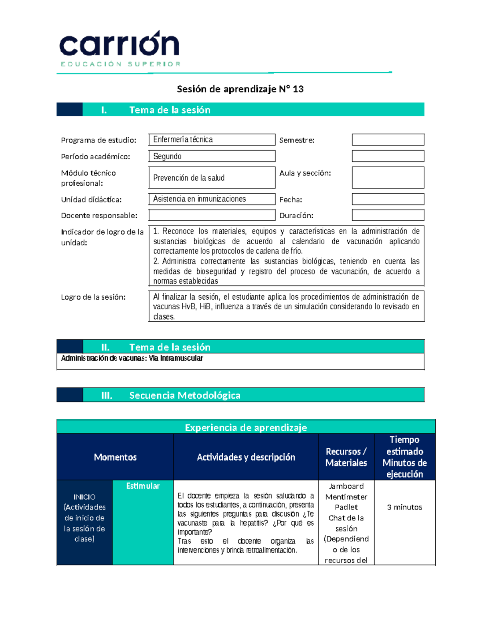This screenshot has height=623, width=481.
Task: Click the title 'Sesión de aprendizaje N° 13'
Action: (240, 89)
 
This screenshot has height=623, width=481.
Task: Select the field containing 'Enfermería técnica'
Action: (212, 140)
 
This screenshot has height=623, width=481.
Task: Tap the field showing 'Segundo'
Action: (212, 156)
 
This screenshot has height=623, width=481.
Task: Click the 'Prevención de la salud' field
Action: (212, 178)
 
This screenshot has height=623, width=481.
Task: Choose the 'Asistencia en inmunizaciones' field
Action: (212, 199)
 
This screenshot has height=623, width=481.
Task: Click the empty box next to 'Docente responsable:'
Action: (212, 215)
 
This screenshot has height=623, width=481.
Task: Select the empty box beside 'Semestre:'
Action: (388, 140)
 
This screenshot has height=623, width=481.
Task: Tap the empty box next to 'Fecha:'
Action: (388, 199)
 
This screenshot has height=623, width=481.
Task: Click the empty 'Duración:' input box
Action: (388, 215)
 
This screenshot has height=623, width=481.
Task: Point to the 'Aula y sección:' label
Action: (305, 173)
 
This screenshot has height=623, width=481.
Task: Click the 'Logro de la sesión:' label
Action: (93, 297)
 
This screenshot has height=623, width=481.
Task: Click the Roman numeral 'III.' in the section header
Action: (107, 396)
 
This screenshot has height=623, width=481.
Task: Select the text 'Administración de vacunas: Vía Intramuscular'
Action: (132, 358)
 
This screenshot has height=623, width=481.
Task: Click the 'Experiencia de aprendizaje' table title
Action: (246, 428)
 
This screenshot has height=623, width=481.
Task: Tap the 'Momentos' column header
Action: (115, 457)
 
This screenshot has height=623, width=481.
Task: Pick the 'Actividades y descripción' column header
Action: (246, 457)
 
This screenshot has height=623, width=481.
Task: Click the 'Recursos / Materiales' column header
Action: (346, 457)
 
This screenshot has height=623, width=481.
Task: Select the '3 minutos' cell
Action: (404, 507)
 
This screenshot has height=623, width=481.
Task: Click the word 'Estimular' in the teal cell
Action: (143, 486)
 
